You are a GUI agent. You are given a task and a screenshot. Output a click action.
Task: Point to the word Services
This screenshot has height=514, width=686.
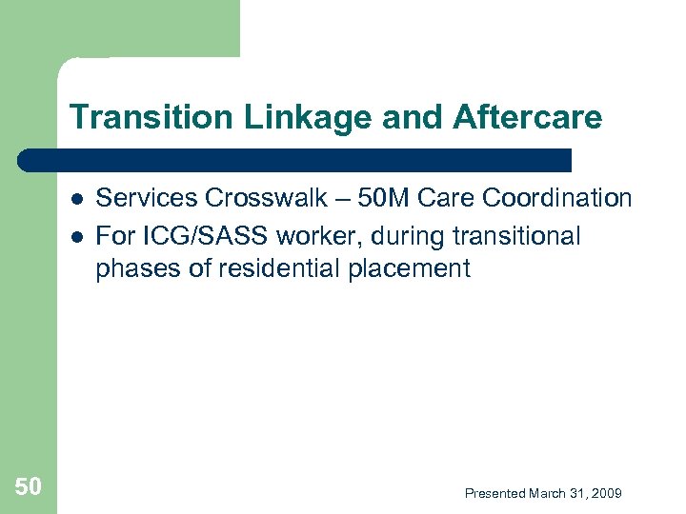coord(147,198)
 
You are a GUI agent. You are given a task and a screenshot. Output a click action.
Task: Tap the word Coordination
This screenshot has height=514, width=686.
coord(560,198)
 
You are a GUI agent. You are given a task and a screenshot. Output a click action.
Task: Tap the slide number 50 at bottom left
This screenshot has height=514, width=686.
coord(29,488)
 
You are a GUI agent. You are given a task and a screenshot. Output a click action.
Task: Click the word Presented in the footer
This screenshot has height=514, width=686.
coord(494,493)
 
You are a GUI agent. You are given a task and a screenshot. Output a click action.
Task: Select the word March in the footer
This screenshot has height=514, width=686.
coord(548,493)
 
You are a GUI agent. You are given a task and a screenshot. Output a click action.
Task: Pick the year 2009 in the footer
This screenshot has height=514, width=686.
coord(606,493)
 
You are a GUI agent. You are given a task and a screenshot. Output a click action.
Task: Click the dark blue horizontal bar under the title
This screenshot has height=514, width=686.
coord(295,160)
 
